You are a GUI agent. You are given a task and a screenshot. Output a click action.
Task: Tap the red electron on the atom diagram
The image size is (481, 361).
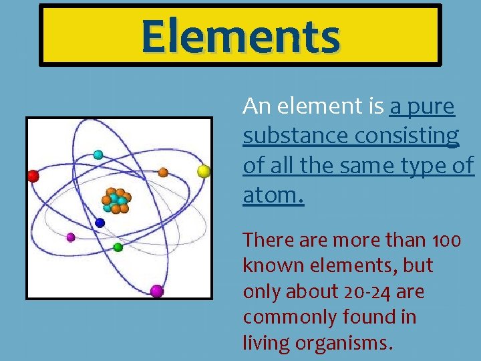(33, 176)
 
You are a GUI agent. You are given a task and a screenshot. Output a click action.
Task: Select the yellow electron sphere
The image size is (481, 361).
(204, 171)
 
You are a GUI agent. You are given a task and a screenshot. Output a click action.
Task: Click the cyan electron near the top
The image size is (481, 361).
(98, 154)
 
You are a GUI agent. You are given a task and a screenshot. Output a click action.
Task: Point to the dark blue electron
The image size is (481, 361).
(100, 223)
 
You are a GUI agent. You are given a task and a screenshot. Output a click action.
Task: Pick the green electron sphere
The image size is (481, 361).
(118, 247)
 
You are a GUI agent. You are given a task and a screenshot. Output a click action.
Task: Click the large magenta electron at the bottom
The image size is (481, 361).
(156, 291)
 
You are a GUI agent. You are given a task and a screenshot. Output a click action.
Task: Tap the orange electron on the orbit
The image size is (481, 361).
(163, 172)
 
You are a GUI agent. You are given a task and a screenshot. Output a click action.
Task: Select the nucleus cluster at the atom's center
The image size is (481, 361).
(116, 200)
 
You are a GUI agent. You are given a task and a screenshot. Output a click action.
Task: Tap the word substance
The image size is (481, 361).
(295, 135)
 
